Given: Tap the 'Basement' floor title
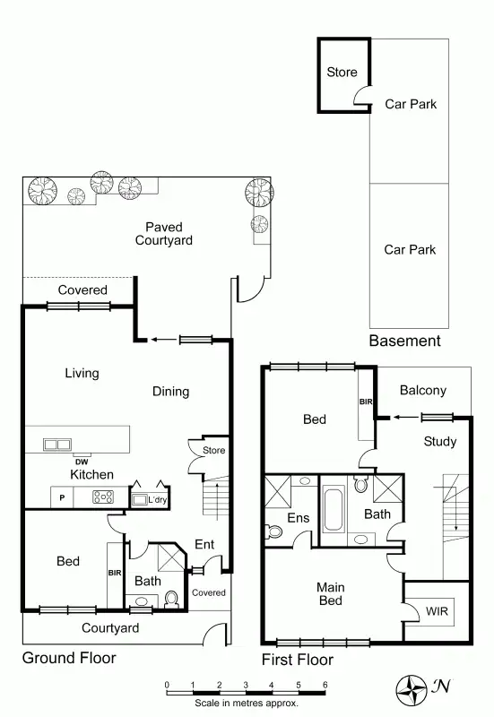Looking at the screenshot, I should pos(404,341).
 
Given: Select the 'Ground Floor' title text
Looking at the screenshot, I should pos(69,658).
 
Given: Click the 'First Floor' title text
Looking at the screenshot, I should pos(297,660).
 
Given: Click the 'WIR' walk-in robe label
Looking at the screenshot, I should pos(437,611).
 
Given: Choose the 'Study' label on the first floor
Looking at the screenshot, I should pos(439,441).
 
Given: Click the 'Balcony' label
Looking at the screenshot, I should pos(422,390).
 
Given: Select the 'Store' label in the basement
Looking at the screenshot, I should pos(341,73).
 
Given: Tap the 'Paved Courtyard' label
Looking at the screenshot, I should pos(163,234).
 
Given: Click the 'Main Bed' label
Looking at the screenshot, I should pos(330,594).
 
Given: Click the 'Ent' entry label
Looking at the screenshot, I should pos(204,544).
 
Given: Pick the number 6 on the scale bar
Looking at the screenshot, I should pos(325,686).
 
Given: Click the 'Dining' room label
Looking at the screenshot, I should pos(170,391).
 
